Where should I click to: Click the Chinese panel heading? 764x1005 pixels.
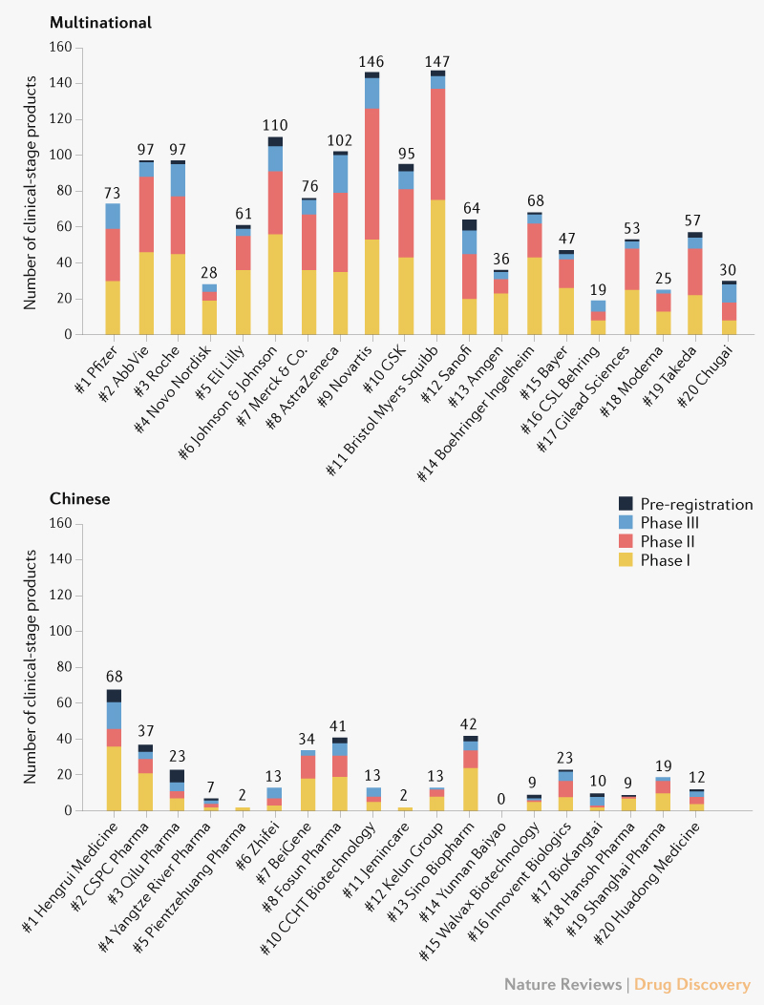79,498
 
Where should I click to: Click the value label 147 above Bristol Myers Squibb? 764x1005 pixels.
437,61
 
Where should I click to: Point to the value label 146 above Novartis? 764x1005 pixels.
371,62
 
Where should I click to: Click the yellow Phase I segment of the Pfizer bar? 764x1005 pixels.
113,307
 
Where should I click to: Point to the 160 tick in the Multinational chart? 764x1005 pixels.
61,47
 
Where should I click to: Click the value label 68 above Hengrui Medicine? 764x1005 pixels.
114,677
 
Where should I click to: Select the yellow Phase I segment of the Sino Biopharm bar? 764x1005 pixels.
471,789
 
